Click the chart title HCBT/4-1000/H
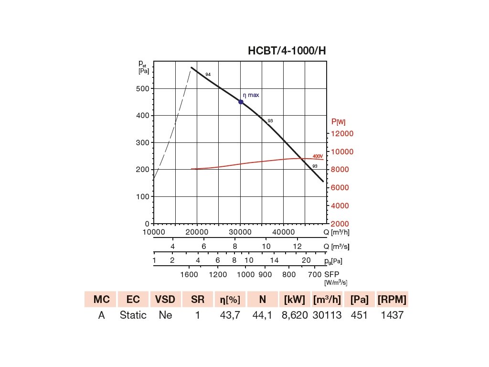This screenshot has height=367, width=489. coord(287,51)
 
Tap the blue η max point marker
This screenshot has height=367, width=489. coord(241,102)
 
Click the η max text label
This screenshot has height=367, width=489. coord(251,95)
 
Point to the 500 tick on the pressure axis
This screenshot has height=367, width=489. coord(144,89)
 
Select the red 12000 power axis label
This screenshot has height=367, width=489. coord(343,133)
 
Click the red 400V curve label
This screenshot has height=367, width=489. coord(318,156)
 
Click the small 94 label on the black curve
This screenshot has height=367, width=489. coord(208,75)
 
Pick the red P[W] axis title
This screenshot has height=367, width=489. coord(338,122)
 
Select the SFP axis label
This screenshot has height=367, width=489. coord(332,275)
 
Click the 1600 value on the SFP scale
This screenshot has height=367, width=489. coord(190,275)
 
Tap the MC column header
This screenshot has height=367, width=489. coord(101,300)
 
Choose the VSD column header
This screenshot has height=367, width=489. coord(165,300)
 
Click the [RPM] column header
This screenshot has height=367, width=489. coord(392,300)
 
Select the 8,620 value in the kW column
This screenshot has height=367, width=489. coord(295,315)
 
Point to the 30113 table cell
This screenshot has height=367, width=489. coord(327,315)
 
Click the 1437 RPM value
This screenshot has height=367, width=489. coord(392,315)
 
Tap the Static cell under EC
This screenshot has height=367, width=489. coord(133,315)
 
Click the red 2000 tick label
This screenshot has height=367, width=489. coord(340,224)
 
